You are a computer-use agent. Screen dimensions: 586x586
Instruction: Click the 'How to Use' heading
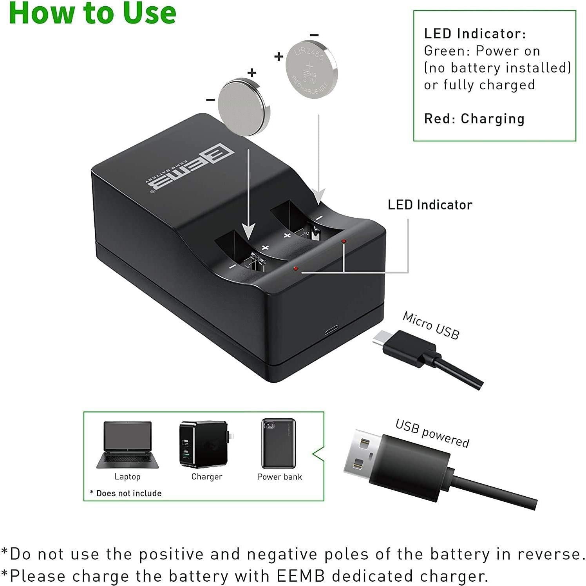tap(92, 13)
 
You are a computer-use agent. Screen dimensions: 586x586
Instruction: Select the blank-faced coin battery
tap(244, 107)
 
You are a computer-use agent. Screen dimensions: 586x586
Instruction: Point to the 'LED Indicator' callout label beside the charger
tap(430, 205)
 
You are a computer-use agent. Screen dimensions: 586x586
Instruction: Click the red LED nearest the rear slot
tap(344, 241)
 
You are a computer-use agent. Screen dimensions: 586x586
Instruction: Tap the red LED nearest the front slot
tap(296, 269)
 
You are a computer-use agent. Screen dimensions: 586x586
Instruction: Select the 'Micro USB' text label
tap(431, 325)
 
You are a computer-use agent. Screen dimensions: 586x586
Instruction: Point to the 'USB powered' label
tap(432, 433)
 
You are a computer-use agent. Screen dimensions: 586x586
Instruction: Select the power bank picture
tap(279, 443)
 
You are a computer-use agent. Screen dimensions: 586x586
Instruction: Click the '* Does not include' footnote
tap(126, 493)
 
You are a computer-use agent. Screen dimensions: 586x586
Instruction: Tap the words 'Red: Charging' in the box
tap(474, 119)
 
